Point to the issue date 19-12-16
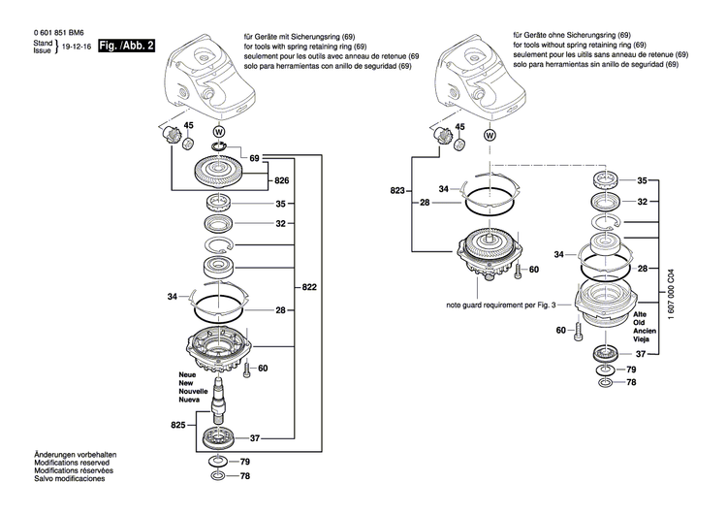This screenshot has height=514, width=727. pyautogui.click(x=77, y=46)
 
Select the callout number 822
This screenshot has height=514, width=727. pyautogui.click(x=309, y=288)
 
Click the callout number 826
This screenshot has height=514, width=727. pyautogui.click(x=282, y=181)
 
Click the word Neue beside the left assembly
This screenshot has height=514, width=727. pyautogui.click(x=186, y=373)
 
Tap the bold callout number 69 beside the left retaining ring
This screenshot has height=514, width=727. pyautogui.click(x=254, y=157)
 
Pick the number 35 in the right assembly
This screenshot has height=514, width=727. pyautogui.click(x=641, y=180)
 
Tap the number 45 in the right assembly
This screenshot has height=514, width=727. pyautogui.click(x=457, y=126)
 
